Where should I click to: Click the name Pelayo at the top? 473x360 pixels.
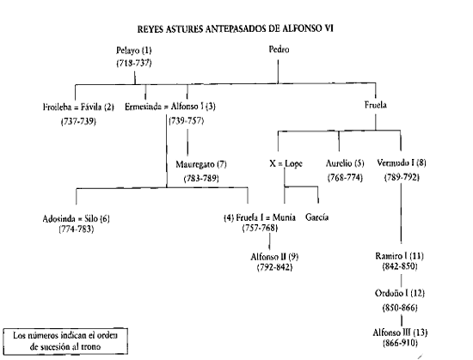coord(128,51)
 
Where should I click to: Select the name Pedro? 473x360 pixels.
coord(279,50)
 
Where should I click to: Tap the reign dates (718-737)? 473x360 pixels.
coord(134,63)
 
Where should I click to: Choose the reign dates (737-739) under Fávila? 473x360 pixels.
coord(78,121)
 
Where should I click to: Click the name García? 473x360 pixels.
coord(316,217)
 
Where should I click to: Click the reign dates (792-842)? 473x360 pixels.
coord(274,267)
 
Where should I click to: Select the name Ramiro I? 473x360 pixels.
coord(390,256)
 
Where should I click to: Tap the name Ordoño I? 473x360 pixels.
coord(391,293)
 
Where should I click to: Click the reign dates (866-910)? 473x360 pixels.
coord(400,343)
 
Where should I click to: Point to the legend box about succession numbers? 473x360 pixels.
coord(65,341)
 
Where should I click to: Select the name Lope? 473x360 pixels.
coord(293,164)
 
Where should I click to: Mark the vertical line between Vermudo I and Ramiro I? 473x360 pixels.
coord(402,213)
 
